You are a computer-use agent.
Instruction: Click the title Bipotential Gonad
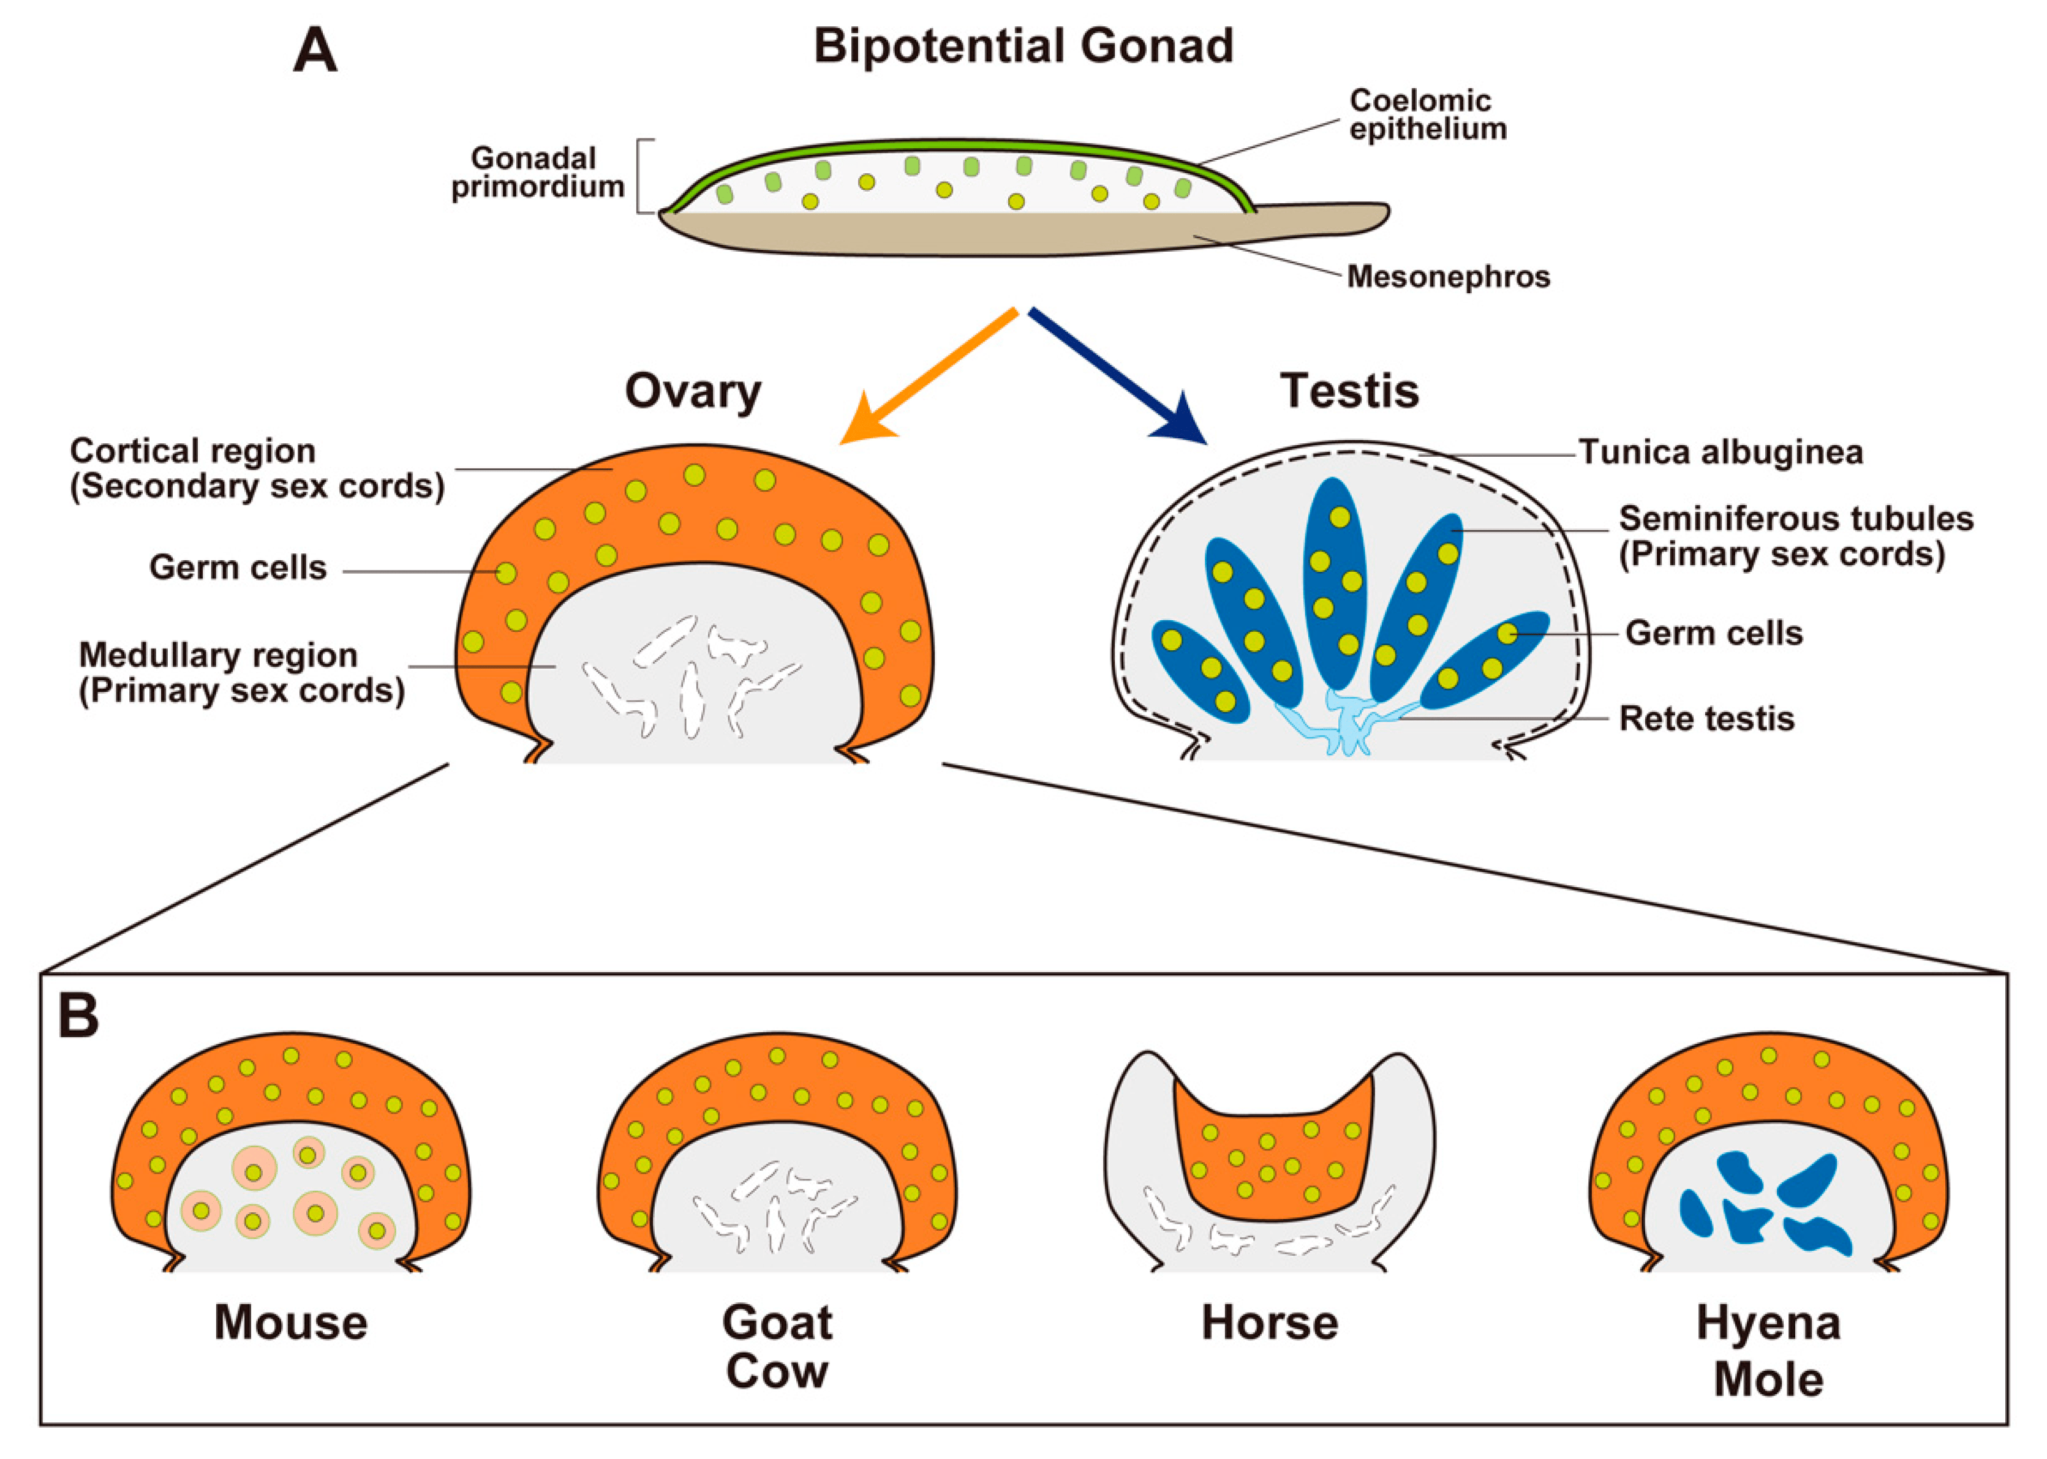1023,46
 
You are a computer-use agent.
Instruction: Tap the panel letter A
315,51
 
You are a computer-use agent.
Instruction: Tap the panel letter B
78,1017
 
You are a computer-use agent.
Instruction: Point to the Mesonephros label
1447,277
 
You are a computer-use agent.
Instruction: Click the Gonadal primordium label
537,173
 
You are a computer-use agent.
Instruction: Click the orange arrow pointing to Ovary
925,377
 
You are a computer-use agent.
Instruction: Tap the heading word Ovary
693,392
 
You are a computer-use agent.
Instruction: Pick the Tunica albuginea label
1720,452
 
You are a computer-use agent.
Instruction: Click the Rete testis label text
1706,719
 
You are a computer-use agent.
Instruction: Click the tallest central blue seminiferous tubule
1336,584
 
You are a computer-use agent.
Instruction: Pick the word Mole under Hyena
1768,1379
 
